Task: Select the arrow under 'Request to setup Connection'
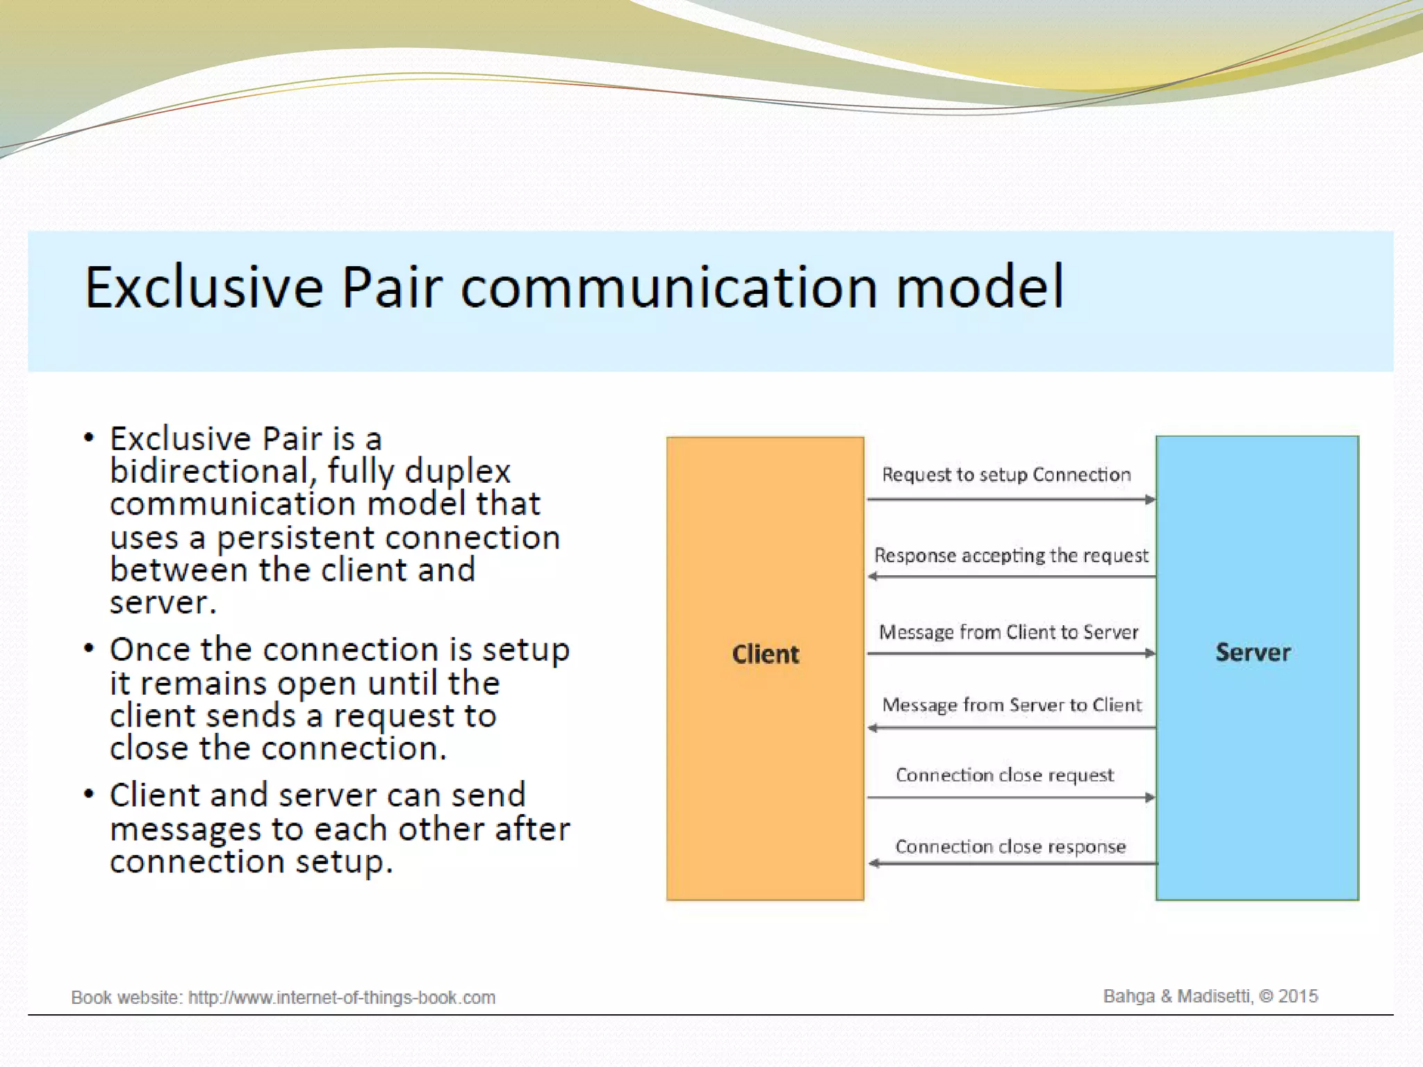coord(1011,499)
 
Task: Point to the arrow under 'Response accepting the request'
coord(1011,577)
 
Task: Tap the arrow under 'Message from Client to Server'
coord(1011,654)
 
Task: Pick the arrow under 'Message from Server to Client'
coord(1011,728)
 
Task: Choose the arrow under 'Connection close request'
coord(1011,797)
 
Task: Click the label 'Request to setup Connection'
coord(1006,474)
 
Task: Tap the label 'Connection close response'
coord(1010,847)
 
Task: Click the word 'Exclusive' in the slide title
coord(204,287)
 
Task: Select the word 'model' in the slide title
coord(980,287)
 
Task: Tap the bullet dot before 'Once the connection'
coord(88,649)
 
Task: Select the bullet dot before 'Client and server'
coord(88,794)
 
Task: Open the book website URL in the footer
coord(342,998)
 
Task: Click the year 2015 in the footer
coord(1298,996)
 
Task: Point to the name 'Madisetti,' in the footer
coord(1214,996)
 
